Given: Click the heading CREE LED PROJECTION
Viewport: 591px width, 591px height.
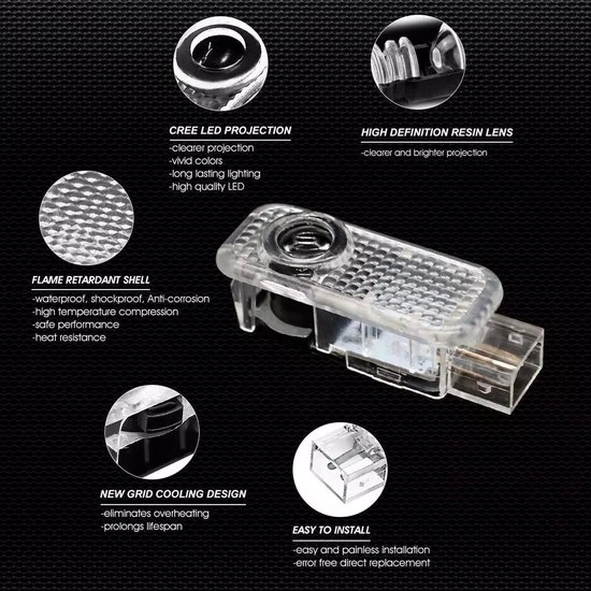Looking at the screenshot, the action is pos(230,131).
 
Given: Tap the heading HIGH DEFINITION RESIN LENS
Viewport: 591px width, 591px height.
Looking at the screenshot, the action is pos(437,132).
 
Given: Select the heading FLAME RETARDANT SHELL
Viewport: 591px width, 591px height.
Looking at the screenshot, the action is pos(91,280).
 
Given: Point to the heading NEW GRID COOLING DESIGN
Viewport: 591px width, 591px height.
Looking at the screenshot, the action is pos(173,494).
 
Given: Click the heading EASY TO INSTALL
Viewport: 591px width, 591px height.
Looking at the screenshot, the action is pos(331,530).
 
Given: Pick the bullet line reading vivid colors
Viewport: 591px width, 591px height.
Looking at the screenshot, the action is pos(196,161).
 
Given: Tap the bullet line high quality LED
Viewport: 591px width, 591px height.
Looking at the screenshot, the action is pos(207,187).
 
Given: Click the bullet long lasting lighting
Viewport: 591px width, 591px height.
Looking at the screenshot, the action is pos(215,174).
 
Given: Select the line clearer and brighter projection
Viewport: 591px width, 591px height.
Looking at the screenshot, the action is pos(424,153).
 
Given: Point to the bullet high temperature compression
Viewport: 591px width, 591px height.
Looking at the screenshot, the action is pos(105,312).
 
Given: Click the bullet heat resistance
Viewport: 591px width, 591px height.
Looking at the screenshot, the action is pos(69,337).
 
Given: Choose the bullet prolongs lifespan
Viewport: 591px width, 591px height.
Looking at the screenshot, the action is pos(142,526).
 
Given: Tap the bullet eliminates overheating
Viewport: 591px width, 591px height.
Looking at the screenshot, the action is pos(155,513).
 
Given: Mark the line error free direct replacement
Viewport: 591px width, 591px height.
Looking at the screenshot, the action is pos(361,563).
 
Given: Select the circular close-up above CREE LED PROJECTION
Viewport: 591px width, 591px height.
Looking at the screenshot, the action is pos(221,64).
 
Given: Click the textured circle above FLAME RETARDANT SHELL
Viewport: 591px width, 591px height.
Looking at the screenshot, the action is pos(87,218).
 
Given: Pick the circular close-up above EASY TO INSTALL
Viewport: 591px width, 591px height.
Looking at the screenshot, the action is pos(340,469).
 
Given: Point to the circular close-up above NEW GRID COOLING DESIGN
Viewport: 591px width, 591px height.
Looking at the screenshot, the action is pos(152,432).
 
